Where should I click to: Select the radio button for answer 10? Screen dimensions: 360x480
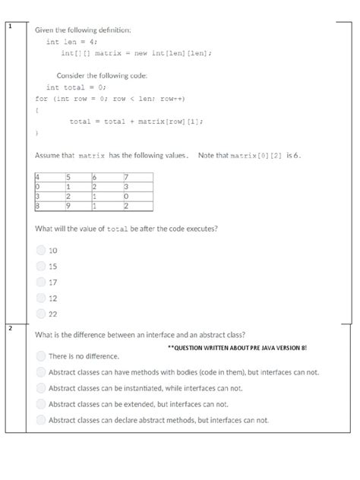(41, 251)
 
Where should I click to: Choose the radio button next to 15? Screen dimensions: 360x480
(41, 266)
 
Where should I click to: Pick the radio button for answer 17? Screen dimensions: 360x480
(41, 282)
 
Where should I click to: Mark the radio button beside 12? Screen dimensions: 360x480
(41, 298)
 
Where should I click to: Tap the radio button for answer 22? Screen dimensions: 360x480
(41, 314)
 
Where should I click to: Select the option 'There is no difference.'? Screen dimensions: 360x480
(41, 355)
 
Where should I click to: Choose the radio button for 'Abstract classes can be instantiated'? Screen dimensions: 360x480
(41, 387)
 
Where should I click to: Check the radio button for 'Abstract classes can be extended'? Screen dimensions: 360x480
(41, 403)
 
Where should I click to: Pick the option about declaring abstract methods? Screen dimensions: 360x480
(41, 419)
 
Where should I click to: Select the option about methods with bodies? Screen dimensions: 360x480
(41, 372)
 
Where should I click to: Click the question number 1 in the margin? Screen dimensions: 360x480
(10, 27)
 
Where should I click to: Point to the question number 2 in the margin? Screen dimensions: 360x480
(10, 328)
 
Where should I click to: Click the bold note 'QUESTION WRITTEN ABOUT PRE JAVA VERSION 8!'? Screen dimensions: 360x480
(237, 346)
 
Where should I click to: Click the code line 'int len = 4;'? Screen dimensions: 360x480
(71, 43)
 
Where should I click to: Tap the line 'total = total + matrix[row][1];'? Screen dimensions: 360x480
(136, 121)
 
